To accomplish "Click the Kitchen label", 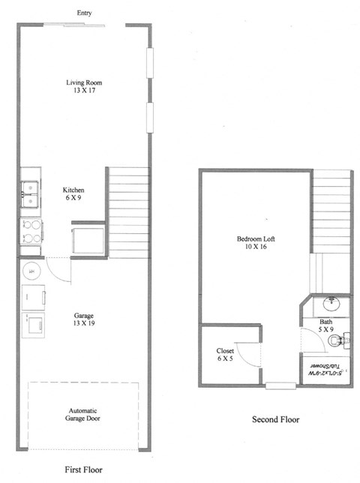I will (73, 190).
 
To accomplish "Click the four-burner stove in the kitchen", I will (31, 231).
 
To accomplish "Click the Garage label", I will (83, 315).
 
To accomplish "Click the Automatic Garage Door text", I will (83, 415).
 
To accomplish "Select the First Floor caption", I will (83, 469).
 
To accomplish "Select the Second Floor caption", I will (275, 420).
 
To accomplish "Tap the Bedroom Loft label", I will (256, 239).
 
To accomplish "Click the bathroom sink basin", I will (331, 303).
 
